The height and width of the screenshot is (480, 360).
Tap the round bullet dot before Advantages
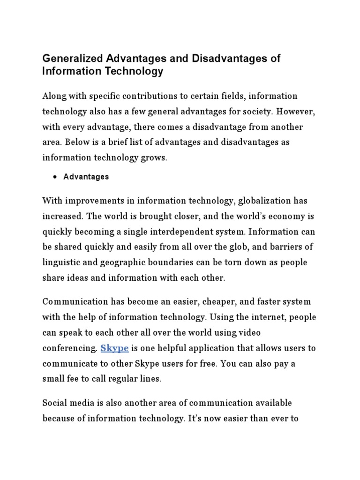click(55, 177)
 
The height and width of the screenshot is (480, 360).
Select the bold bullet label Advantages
click(86, 177)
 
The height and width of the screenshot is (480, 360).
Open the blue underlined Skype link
click(114, 348)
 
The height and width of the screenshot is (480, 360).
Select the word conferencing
click(69, 348)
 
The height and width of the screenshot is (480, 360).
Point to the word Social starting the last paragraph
click(54, 403)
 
